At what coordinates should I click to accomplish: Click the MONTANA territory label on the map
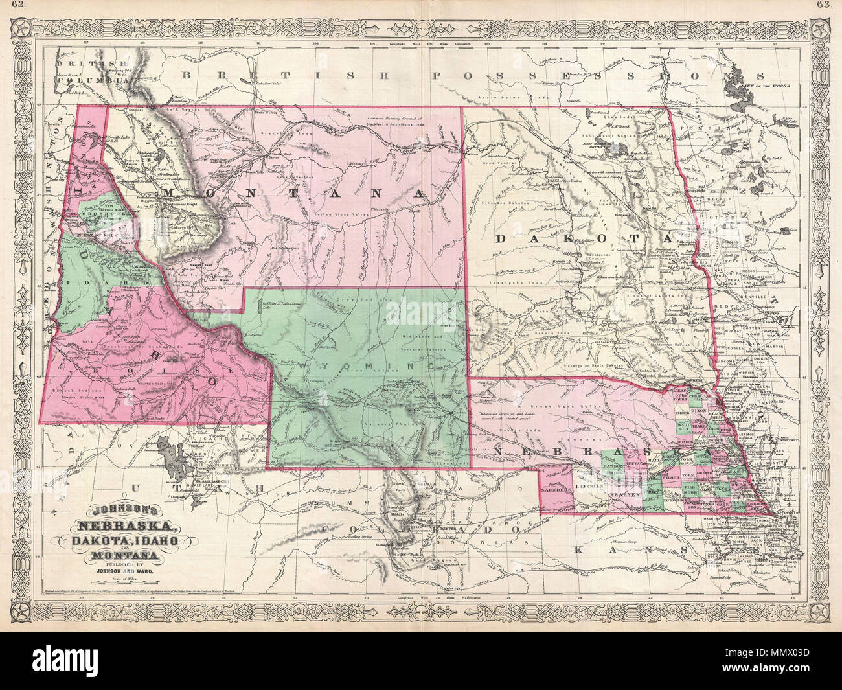tap(295, 194)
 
